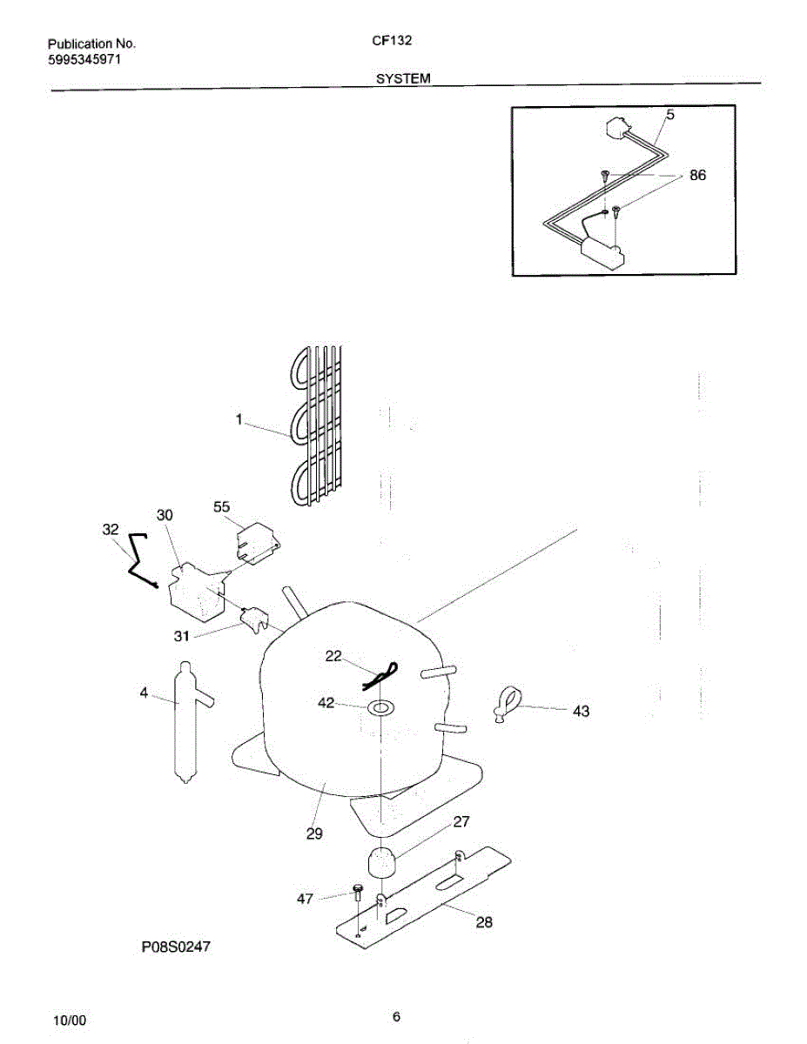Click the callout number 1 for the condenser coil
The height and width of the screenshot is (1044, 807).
(238, 420)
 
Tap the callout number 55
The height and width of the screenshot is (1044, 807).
(222, 506)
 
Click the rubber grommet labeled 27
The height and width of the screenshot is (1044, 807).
(379, 863)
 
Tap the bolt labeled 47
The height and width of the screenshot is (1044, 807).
(358, 890)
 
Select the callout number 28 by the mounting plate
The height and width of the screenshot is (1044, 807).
(484, 922)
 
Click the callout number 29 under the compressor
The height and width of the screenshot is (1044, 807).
(314, 833)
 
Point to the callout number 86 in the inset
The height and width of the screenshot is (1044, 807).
(697, 175)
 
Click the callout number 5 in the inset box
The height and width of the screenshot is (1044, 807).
(670, 114)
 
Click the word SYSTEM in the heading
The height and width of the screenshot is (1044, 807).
(403, 78)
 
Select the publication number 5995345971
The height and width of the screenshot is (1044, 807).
(84, 59)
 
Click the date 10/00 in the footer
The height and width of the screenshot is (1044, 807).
(69, 1019)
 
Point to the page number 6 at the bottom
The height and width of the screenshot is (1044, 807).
(396, 1016)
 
